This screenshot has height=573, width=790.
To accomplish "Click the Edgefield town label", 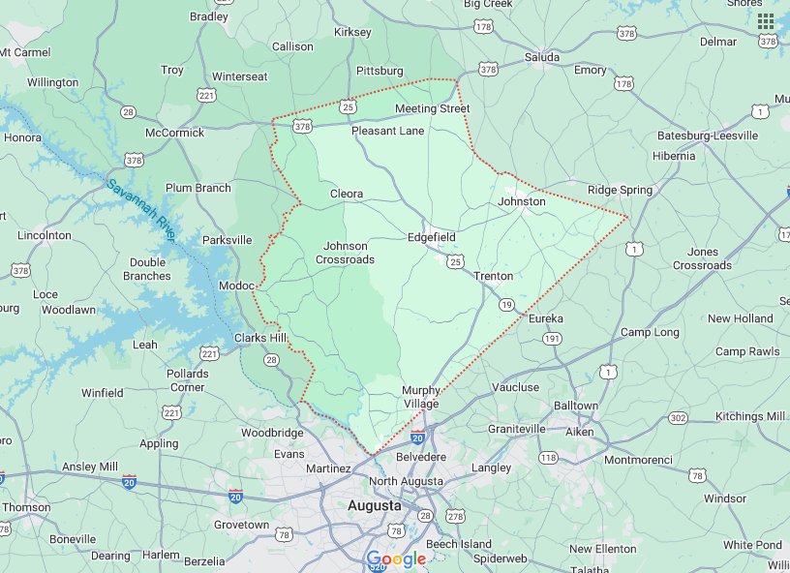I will (x=431, y=237).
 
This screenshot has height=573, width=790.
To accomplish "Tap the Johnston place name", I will (x=522, y=201).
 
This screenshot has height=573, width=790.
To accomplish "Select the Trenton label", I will (x=494, y=276).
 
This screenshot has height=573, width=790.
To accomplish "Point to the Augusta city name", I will (x=375, y=506).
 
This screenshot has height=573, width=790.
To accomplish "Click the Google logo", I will (x=396, y=559).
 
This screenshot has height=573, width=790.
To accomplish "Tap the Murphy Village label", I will (x=421, y=397).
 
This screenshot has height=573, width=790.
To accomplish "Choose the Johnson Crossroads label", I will (x=345, y=253).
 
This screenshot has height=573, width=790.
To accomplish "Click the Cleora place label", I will (x=347, y=194).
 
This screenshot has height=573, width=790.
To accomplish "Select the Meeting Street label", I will (x=432, y=108).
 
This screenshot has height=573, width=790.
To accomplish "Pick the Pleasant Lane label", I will (x=387, y=131).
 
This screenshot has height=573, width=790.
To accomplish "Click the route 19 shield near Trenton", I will (x=506, y=305).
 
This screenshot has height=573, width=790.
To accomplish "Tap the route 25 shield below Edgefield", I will (x=456, y=261).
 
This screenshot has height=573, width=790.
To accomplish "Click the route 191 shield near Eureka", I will (x=552, y=338).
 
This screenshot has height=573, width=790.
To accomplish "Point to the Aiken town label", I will (x=579, y=432).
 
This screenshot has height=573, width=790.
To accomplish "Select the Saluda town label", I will (x=542, y=57).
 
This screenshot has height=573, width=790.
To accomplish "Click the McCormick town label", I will (x=174, y=133).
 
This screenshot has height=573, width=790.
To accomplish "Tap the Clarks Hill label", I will (x=261, y=338).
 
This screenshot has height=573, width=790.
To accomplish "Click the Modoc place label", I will (x=235, y=286).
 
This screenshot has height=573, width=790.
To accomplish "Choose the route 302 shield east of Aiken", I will (x=678, y=417).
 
